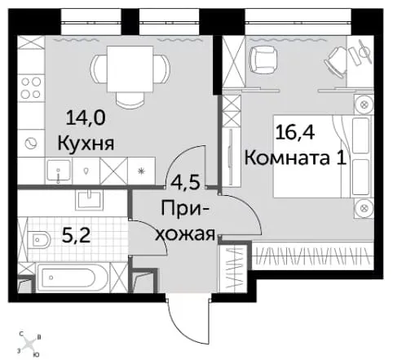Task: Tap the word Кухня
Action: click(86, 144)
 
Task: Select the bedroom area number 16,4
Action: click(295, 132)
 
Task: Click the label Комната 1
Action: click(296, 158)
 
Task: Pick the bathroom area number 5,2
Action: click(76, 236)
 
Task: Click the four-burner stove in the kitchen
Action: click(31, 87)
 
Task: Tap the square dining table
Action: click(130, 69)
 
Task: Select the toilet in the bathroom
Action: click(39, 240)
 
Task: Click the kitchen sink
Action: click(59, 171)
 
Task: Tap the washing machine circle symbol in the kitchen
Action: click(31, 143)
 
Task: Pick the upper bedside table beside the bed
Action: click(364, 104)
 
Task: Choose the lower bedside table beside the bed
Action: click(364, 208)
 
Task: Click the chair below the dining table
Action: click(130, 99)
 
